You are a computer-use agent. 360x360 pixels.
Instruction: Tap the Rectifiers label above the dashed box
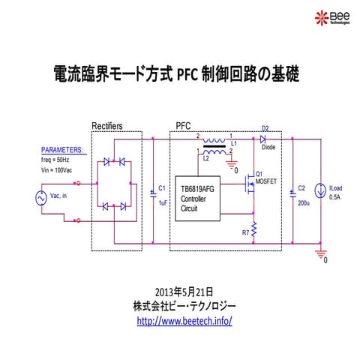click(x=107, y=125)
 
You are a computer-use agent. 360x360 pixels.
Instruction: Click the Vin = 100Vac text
click(x=57, y=170)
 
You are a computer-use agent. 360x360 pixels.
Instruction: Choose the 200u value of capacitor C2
click(x=304, y=202)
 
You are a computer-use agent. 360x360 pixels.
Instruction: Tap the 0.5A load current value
click(x=335, y=197)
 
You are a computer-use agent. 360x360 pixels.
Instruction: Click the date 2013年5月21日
click(x=184, y=292)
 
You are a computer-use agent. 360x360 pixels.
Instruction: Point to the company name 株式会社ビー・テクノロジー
click(x=184, y=306)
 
